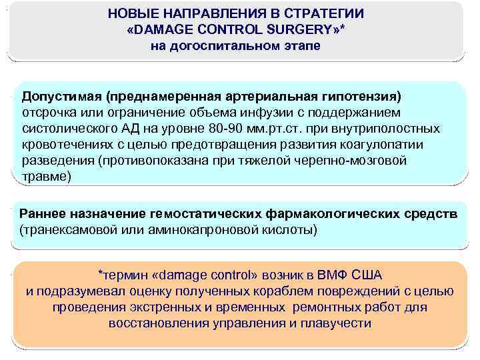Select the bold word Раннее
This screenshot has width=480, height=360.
coord(43,214)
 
